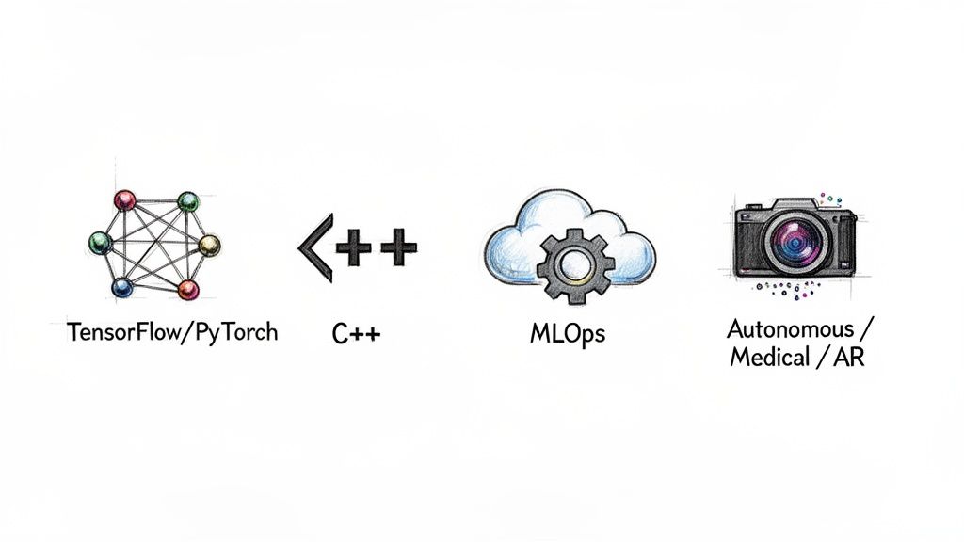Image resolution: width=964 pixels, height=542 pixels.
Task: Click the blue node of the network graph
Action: tap(122, 287)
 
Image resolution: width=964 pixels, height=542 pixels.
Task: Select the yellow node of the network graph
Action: tap(209, 246)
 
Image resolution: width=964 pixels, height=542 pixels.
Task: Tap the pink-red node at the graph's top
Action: tap(124, 200)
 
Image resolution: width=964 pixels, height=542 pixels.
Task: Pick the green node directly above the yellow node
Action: tap(188, 201)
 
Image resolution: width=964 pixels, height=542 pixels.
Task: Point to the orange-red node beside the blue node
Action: tap(188, 289)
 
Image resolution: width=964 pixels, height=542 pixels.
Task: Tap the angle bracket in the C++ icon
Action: tap(314, 247)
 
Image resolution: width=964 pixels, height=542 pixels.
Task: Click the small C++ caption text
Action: tap(356, 333)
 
